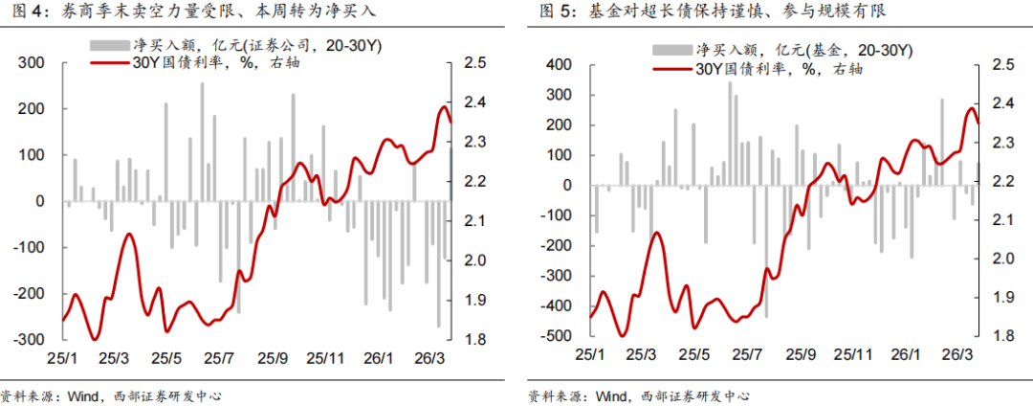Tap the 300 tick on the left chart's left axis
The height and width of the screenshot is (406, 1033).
click(x=33, y=63)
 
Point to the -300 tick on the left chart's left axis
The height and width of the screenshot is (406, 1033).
click(x=29, y=340)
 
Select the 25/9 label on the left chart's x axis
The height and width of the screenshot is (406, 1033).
click(x=275, y=358)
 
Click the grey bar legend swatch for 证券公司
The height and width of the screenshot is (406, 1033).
click(x=108, y=45)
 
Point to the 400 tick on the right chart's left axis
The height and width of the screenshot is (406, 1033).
click(x=558, y=65)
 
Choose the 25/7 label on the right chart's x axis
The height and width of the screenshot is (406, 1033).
click(x=750, y=354)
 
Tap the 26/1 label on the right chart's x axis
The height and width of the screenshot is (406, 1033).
click(x=906, y=354)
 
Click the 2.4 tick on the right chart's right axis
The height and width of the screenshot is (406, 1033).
click(x=1002, y=103)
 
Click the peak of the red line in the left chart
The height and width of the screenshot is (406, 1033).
click(x=444, y=107)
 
